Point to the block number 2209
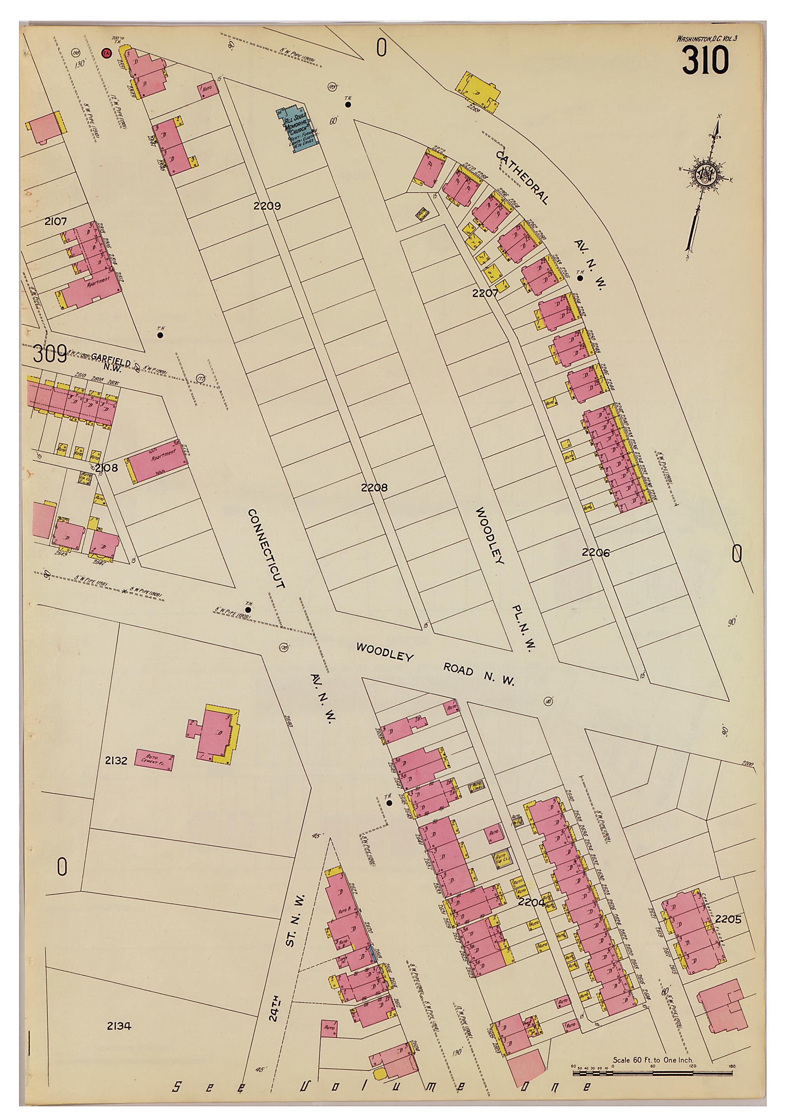pyautogui.click(x=267, y=206)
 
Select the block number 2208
pyautogui.click(x=374, y=487)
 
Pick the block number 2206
pyautogui.click(x=595, y=552)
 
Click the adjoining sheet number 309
pyautogui.click(x=50, y=354)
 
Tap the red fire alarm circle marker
pyautogui.click(x=105, y=53)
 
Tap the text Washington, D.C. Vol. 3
pyautogui.click(x=707, y=38)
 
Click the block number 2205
pyautogui.click(x=729, y=919)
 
